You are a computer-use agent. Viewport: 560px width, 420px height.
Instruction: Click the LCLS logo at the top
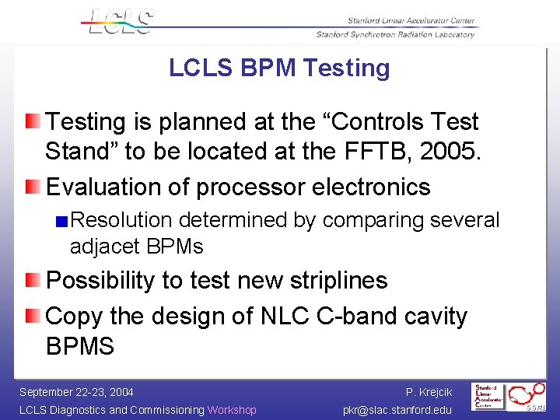pyautogui.click(x=118, y=21)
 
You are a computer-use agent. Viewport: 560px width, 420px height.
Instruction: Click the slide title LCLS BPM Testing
pyautogui.click(x=279, y=68)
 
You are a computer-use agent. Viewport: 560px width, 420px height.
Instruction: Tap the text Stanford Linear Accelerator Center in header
pyautogui.click(x=401, y=21)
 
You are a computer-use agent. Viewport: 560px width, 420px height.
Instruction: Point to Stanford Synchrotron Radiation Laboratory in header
pyautogui.click(x=395, y=34)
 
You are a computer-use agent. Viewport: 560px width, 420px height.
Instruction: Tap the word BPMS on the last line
pyautogui.click(x=80, y=346)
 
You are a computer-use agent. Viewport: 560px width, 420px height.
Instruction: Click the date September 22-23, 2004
pyautogui.click(x=76, y=392)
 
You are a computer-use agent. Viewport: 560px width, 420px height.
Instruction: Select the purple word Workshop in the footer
pyautogui.click(x=232, y=410)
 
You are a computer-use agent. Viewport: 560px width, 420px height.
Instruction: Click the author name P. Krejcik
pyautogui.click(x=429, y=392)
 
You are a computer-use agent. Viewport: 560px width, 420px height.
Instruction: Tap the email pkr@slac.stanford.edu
pyautogui.click(x=397, y=410)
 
